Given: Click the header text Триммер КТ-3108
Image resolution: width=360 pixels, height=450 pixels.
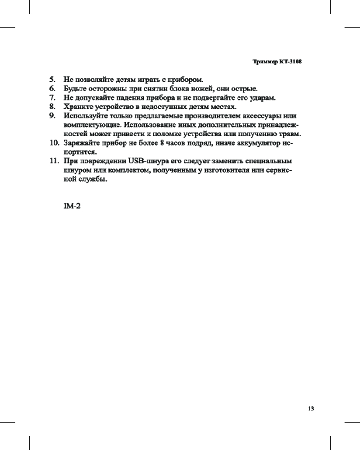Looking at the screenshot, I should click(276, 62).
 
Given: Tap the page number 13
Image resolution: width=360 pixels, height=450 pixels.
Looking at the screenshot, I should click(310, 409).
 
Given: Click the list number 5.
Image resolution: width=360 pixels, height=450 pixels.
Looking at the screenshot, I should click(52, 80).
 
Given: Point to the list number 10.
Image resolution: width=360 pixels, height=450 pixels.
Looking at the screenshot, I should click(54, 143).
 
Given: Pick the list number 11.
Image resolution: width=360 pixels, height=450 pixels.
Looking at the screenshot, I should click(54, 161).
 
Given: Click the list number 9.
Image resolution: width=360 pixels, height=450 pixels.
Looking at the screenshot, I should click(52, 116).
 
